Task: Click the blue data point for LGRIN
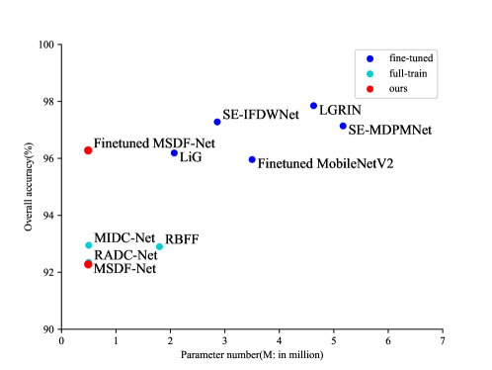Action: point(313,106)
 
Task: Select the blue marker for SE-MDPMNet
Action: point(343,126)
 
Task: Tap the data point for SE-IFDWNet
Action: point(217,122)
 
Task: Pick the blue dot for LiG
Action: point(174,152)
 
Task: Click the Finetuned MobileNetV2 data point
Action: point(252,159)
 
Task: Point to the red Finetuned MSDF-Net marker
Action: point(88,150)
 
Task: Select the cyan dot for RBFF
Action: point(159,246)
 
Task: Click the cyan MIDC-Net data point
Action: point(88,244)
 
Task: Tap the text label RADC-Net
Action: point(124,255)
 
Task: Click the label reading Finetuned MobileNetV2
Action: point(325,163)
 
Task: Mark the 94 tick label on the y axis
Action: point(49,216)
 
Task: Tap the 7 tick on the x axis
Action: point(442,340)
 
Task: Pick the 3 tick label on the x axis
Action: point(224,340)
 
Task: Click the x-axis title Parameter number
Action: point(251,354)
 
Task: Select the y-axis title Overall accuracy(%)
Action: point(30,188)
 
